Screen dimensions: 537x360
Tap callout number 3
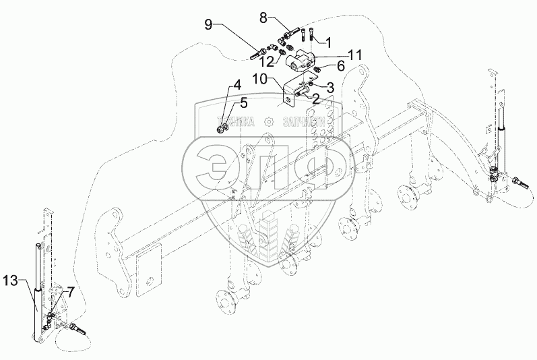coord(331,86)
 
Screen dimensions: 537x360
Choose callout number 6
coord(341,65)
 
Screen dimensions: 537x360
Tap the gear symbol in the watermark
coord(270,121)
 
